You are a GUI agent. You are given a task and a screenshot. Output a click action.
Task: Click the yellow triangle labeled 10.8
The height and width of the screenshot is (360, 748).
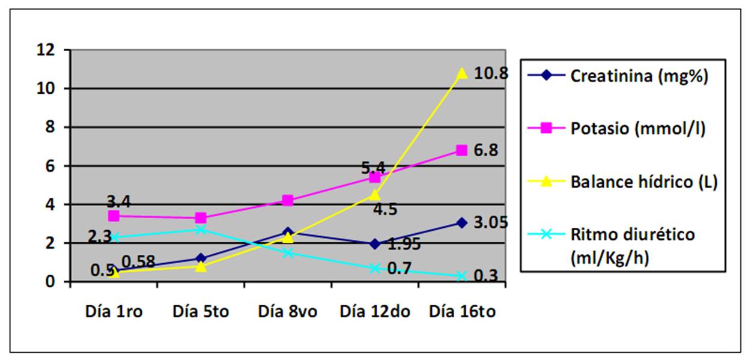pos(461,73)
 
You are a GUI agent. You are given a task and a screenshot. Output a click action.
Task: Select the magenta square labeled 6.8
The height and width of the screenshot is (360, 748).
pos(461,150)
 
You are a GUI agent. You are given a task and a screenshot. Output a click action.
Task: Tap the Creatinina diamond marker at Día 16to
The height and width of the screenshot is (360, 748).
pos(461,223)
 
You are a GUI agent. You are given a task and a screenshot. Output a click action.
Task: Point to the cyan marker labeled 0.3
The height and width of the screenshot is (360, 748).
pos(461,276)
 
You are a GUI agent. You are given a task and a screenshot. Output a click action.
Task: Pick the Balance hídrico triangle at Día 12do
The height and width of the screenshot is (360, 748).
pos(374,195)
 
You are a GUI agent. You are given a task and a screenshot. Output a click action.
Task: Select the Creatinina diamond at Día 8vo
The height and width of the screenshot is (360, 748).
pos(288,232)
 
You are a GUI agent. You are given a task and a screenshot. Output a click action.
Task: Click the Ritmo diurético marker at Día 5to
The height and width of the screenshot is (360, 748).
pos(201,230)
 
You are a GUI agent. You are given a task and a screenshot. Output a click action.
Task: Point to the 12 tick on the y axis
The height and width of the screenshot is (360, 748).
pos(46,50)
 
